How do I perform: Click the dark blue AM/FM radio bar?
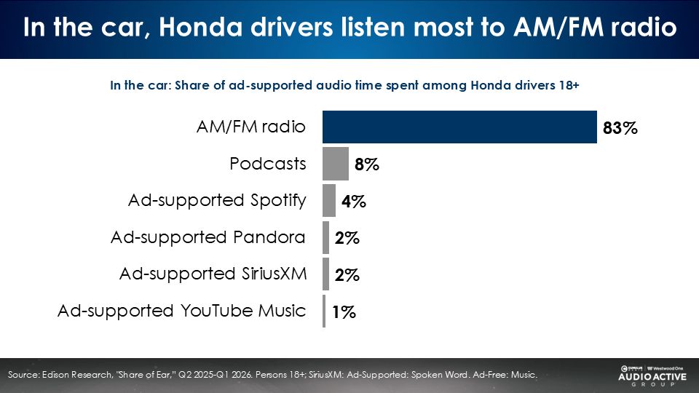click(x=459, y=127)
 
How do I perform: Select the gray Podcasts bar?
click(x=336, y=164)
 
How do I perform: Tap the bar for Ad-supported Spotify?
click(x=329, y=201)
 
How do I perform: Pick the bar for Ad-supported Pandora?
click(x=326, y=237)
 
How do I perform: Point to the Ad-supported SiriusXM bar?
click(x=326, y=274)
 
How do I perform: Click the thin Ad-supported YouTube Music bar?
click(x=324, y=311)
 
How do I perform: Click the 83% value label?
click(x=620, y=129)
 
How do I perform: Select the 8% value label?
click(x=366, y=165)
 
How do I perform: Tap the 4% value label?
click(x=353, y=202)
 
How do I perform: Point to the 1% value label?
click(x=343, y=313)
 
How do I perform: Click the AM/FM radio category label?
click(x=250, y=127)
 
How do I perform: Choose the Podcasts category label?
click(x=268, y=164)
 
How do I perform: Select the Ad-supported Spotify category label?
click(x=217, y=200)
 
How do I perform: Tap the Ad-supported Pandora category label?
click(x=208, y=237)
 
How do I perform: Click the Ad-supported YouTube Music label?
click(x=182, y=311)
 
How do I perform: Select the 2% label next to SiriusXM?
click(x=347, y=276)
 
